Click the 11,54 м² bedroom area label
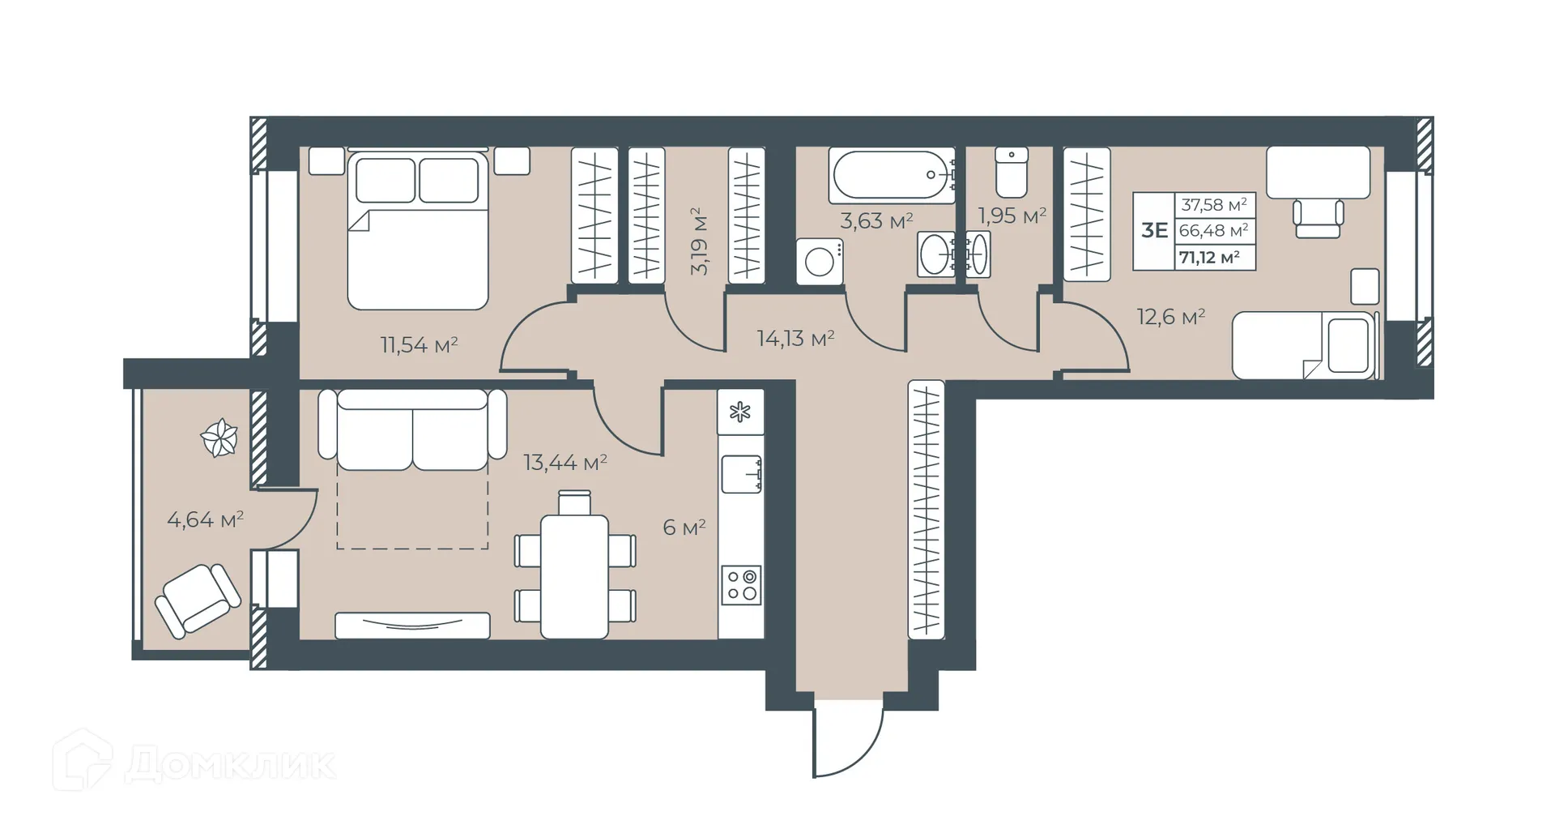[x=419, y=345]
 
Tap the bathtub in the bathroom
[x=892, y=175]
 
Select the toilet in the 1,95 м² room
[x=1012, y=172]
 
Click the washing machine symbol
[x=820, y=262]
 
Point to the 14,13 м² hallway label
[x=795, y=338]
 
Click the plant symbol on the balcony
[x=219, y=438]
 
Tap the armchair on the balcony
[x=198, y=600]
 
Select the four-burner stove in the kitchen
[x=741, y=585]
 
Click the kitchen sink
[x=741, y=474]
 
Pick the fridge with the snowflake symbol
[x=740, y=412]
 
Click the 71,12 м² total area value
[x=1209, y=258]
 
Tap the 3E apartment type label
[x=1154, y=230]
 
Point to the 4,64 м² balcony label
[x=205, y=519]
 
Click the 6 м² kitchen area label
[x=684, y=528]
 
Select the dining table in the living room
[x=574, y=575]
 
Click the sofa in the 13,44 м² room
[x=412, y=429]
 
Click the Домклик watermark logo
[x=194, y=762]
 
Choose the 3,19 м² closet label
[x=699, y=241]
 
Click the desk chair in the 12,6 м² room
[x=1318, y=218]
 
